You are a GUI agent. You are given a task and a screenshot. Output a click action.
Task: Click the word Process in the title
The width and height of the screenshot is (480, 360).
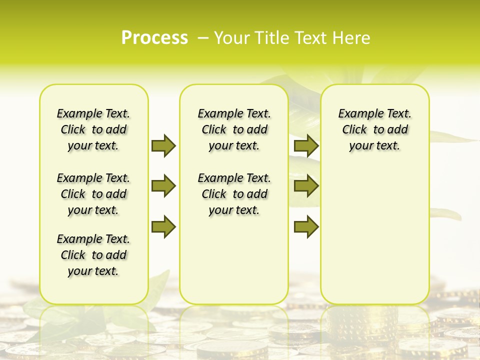[x=154, y=37]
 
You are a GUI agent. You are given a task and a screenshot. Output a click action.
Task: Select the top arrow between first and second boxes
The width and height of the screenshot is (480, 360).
[x=163, y=145]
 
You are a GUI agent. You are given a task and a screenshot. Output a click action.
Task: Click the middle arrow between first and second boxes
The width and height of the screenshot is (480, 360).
[x=163, y=186]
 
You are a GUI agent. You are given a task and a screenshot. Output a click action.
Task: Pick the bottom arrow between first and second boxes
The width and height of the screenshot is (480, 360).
[x=163, y=226]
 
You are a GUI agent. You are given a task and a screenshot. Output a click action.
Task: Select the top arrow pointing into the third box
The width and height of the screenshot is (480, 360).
[x=306, y=145]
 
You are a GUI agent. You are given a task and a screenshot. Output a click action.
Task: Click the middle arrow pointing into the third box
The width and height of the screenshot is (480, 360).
[x=306, y=186]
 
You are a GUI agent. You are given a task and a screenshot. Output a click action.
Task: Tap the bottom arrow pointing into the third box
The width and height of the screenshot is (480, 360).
[x=306, y=226]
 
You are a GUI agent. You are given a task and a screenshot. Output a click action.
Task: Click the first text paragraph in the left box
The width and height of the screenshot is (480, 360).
[x=93, y=129]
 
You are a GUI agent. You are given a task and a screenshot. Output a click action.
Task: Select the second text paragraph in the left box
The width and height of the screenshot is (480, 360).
[x=93, y=194]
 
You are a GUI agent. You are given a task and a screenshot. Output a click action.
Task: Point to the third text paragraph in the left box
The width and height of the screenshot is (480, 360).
[x=93, y=255]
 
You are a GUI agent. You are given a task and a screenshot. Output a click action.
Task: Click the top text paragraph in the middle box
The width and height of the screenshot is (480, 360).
[x=234, y=129]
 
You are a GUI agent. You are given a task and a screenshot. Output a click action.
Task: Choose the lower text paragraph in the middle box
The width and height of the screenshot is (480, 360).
[x=234, y=194]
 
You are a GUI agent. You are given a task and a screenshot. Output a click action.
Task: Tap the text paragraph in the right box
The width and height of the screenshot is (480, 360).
[x=374, y=129]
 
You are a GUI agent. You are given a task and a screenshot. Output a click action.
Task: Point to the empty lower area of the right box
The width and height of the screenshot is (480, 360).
[x=374, y=235]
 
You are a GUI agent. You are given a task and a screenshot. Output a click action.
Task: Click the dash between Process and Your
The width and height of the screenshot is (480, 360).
[x=203, y=38]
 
